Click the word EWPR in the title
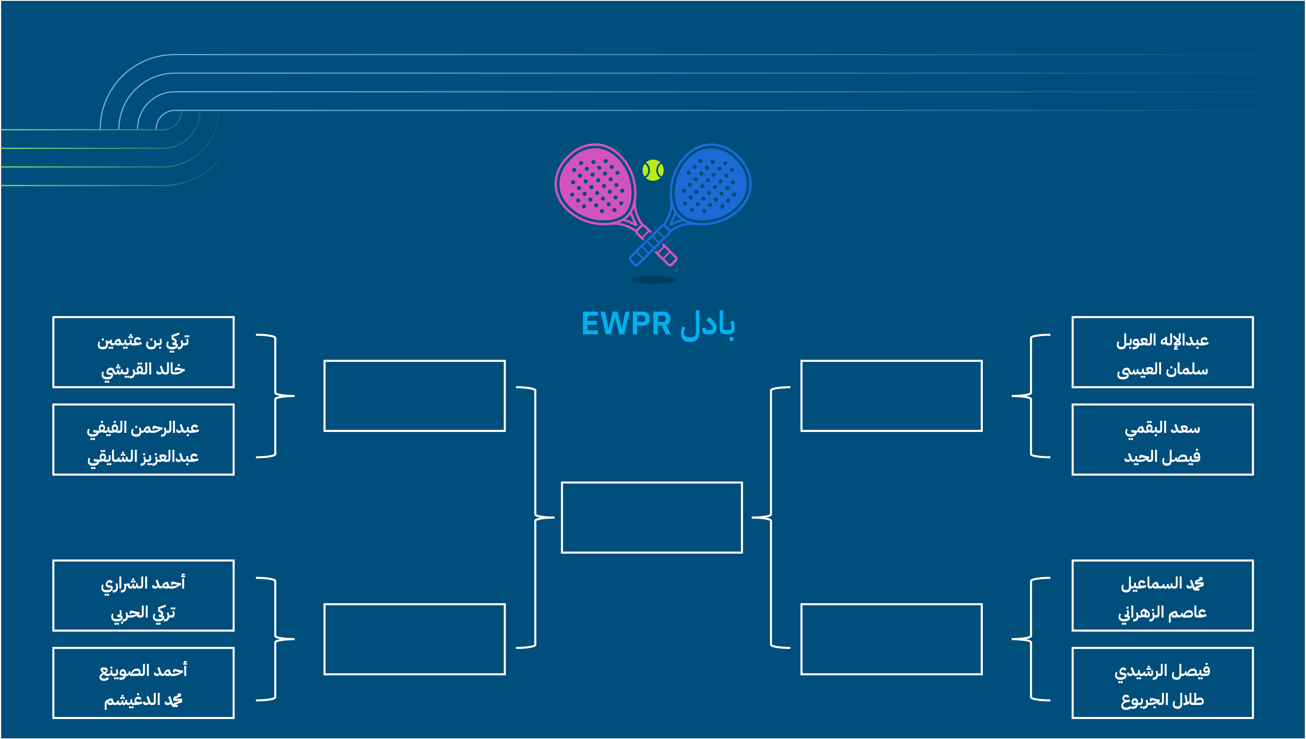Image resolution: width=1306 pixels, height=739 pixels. tap(626, 324)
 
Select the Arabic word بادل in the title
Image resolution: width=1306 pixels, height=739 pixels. tap(707, 325)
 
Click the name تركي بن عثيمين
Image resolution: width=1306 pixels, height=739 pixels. tap(143, 340)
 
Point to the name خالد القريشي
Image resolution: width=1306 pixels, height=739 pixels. tap(143, 369)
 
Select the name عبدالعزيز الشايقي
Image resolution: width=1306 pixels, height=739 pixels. tap(143, 457)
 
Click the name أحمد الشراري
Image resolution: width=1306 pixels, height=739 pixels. tap(143, 584)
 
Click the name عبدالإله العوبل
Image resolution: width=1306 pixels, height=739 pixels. tap(1162, 340)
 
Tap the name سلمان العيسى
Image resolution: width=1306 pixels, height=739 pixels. tap(1162, 369)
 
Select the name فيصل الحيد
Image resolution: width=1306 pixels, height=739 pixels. tap(1162, 457)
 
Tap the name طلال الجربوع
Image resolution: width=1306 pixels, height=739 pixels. tap(1162, 700)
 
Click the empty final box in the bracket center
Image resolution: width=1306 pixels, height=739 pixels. tap(652, 517)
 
